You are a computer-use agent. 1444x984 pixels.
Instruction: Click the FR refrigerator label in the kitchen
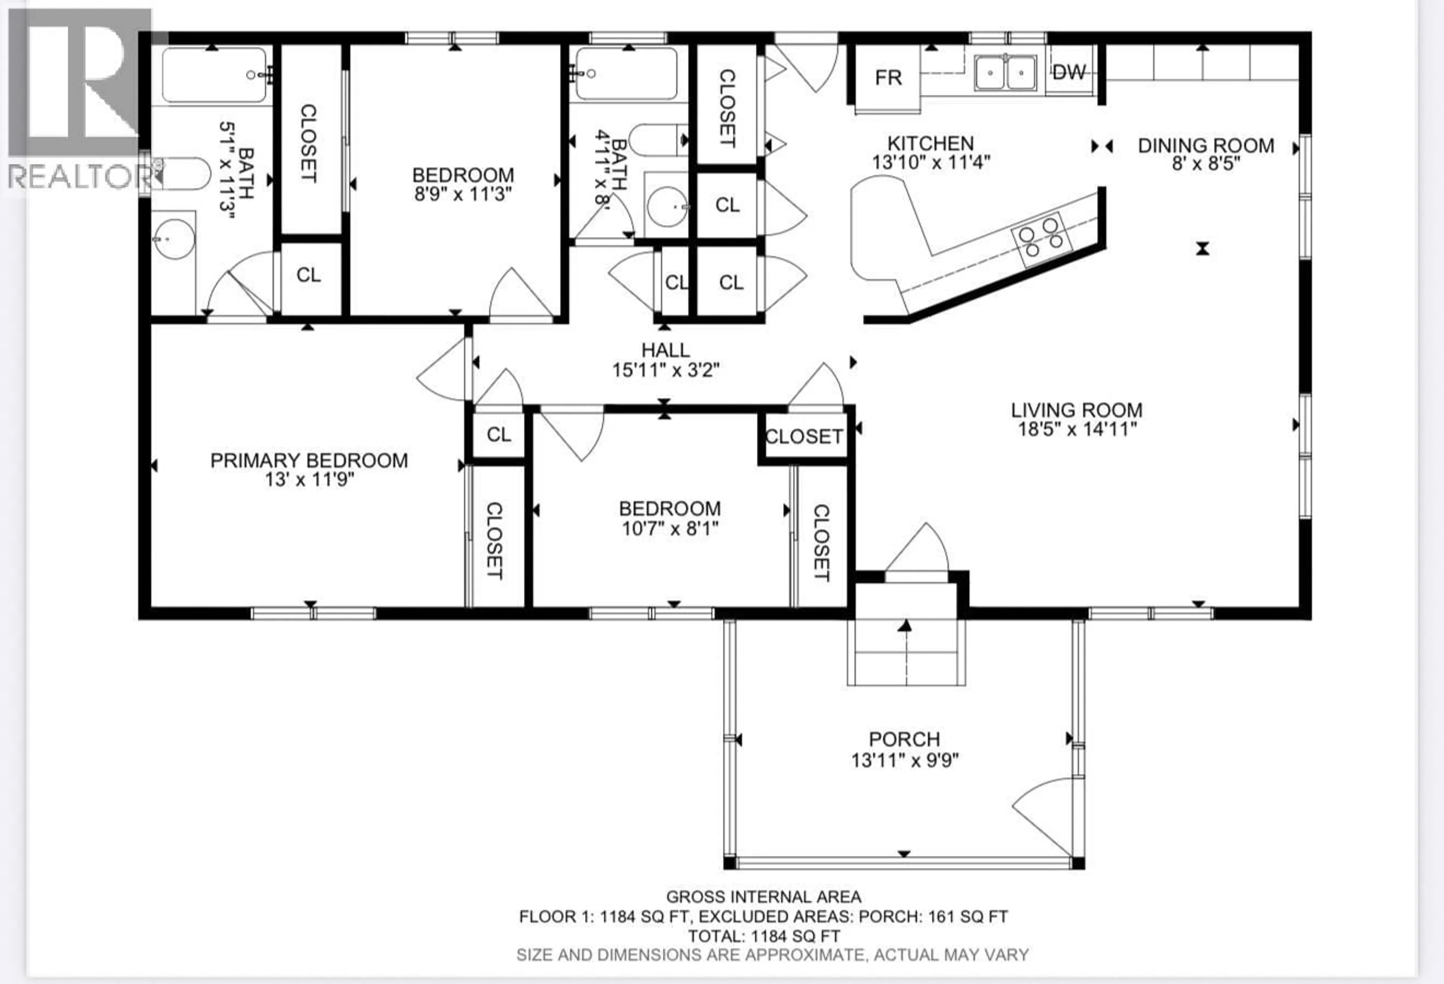(888, 78)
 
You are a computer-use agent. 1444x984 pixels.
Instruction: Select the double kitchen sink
(1005, 73)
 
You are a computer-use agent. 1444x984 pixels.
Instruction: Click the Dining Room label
(1206, 145)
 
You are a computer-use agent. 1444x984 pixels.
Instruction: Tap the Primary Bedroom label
(309, 460)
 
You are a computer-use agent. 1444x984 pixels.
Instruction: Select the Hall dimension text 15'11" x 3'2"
(666, 370)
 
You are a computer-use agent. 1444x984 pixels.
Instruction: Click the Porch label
(904, 739)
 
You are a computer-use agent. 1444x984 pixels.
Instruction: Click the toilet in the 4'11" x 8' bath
(657, 140)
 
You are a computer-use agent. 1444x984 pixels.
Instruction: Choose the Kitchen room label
(930, 144)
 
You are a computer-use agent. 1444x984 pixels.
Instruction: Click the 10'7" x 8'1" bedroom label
(670, 509)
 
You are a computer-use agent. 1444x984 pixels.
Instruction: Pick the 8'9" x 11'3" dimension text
(463, 194)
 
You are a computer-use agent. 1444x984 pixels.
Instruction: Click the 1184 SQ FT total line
(764, 936)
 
